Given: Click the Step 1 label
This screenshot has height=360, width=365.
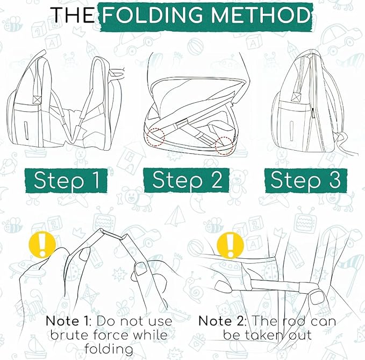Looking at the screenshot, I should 67,180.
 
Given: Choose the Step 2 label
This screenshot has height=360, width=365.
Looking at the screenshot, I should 187,180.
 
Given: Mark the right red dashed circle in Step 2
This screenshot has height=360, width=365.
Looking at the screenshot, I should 225,145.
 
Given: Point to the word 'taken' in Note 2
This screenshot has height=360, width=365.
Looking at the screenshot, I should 273,335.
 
